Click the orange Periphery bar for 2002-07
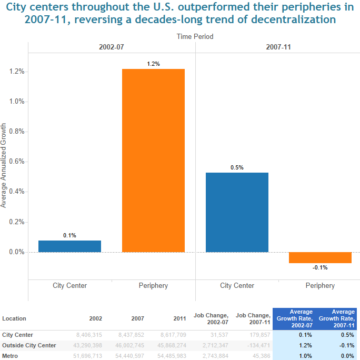pos(154,161)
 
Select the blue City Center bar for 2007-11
pos(237,212)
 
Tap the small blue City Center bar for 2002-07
pos(69,246)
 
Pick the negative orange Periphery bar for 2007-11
pos(320,257)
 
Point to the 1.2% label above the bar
pos(154,64)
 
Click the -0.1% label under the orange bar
pos(320,267)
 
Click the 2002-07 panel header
pos(112,47)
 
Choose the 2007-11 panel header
pos(277,47)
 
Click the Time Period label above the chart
pos(195,36)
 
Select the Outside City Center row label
pos(29,345)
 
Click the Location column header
pos(14,318)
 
